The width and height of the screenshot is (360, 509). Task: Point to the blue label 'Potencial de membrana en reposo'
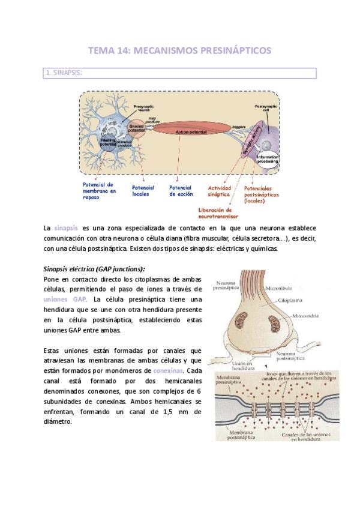point(100,189)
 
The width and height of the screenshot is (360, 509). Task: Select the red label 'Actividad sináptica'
point(220,191)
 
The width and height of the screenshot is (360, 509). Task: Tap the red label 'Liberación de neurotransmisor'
point(218,212)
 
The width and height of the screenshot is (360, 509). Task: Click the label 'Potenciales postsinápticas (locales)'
point(263,194)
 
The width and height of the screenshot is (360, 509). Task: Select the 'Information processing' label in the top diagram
point(268,159)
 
